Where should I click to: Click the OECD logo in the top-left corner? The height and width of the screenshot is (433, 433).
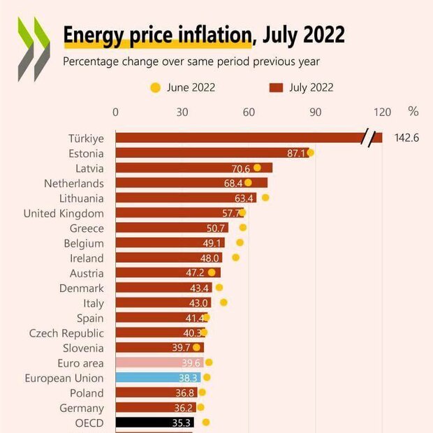[34, 49]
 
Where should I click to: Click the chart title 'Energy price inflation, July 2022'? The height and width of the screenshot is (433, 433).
[204, 35]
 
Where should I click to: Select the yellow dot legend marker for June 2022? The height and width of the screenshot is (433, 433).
[155, 88]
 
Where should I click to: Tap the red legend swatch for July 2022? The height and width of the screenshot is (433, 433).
[275, 88]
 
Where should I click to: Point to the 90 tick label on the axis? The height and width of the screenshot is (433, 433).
[316, 112]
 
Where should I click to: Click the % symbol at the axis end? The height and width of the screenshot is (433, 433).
[413, 112]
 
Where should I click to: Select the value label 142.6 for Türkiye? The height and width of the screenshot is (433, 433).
[406, 138]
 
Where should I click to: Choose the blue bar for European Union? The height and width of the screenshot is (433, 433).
[157, 378]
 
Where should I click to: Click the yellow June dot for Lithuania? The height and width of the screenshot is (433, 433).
[265, 198]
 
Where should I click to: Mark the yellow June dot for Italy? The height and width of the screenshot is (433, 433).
[223, 302]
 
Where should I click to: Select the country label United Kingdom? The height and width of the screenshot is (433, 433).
[64, 213]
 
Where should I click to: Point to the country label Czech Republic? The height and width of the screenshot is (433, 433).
[66, 333]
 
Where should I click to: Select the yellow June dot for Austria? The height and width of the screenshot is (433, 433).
[212, 272]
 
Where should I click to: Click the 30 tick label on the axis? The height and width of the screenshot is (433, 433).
[182, 112]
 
